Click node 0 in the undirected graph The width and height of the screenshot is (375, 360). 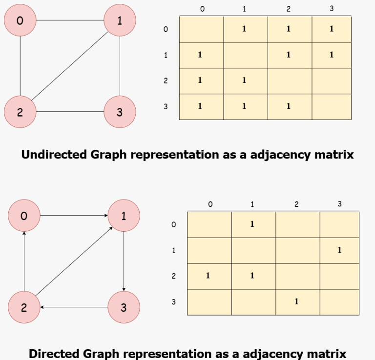pyautogui.click(x=20, y=20)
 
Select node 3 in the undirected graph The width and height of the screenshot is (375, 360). pyautogui.click(x=120, y=112)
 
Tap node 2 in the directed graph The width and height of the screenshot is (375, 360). pyautogui.click(x=24, y=307)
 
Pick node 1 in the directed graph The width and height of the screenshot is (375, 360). pyautogui.click(x=124, y=216)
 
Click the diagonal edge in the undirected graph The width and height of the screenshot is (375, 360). pyautogui.click(x=70, y=66)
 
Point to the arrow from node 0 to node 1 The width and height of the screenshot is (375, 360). pyautogui.click(x=74, y=216)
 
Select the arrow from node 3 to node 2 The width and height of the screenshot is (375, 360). pyautogui.click(x=74, y=307)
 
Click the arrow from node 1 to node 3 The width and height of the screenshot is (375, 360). pyautogui.click(x=124, y=261)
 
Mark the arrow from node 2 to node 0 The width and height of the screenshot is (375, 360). pyautogui.click(x=24, y=261)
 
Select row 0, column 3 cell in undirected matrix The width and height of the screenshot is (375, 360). pyautogui.click(x=332, y=29)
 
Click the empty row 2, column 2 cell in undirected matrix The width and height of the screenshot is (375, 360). pyautogui.click(x=288, y=81)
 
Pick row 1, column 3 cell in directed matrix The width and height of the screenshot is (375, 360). pyautogui.click(x=339, y=250)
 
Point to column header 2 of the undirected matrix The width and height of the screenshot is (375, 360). pyautogui.click(x=288, y=9)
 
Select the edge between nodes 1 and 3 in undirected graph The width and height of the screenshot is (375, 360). pyautogui.click(x=120, y=66)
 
